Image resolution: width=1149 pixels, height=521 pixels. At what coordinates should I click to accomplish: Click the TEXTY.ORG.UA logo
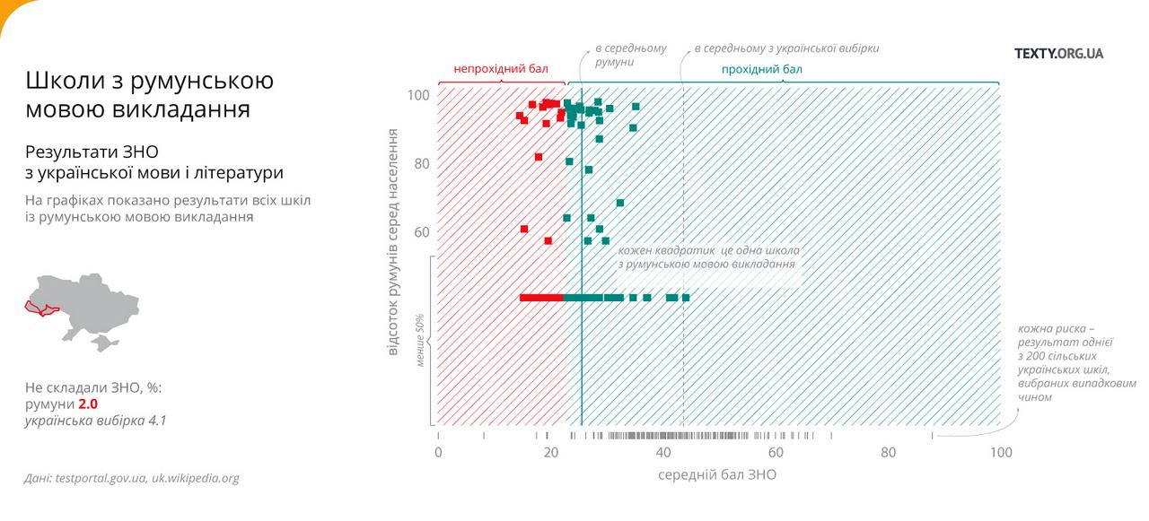[1058, 53]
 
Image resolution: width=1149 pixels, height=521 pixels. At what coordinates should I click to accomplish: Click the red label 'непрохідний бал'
[500, 68]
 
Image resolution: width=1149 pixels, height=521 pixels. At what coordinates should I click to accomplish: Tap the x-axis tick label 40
[663, 453]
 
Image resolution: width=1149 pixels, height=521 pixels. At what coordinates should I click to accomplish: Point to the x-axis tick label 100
[1000, 453]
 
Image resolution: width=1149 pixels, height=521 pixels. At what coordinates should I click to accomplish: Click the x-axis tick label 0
[438, 453]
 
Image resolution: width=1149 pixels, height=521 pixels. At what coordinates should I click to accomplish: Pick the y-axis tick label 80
[421, 164]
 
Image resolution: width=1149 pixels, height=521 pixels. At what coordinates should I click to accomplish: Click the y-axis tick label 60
[421, 232]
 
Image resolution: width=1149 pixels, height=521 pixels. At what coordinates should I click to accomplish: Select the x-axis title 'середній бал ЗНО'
[717, 475]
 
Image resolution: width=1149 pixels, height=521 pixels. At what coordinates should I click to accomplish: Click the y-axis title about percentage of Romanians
[393, 240]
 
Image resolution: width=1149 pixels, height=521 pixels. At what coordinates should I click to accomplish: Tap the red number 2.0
[88, 404]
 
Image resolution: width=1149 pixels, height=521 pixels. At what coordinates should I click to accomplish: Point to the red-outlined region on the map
[40, 308]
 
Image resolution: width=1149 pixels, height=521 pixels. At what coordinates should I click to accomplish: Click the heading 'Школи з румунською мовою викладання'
[149, 94]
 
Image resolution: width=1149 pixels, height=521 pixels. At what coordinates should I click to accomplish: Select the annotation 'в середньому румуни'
[631, 55]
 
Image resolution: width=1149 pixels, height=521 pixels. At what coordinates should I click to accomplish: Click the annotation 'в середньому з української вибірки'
[786, 48]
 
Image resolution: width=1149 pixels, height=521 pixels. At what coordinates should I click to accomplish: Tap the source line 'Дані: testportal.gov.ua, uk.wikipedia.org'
[132, 478]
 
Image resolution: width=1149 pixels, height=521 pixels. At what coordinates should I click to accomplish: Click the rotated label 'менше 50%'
[419, 342]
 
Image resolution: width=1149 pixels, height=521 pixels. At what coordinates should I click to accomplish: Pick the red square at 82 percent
[539, 157]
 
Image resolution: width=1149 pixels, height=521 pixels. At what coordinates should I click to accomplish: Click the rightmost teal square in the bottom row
[686, 297]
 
